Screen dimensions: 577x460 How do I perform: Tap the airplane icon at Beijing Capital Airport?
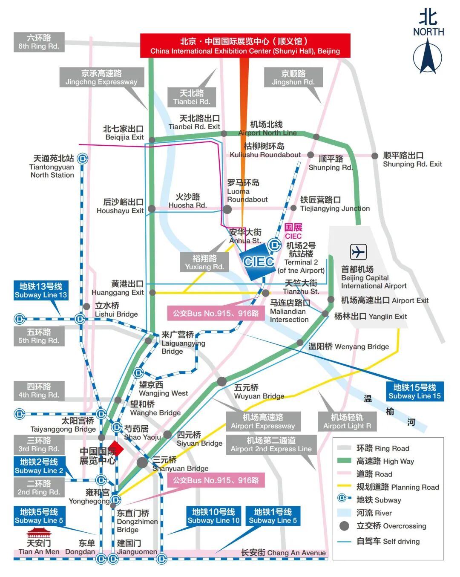(x=358, y=252)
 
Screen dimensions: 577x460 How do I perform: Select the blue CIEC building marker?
(x=258, y=262)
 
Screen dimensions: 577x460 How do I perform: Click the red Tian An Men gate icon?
(x=38, y=533)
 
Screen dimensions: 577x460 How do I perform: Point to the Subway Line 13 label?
(x=40, y=291)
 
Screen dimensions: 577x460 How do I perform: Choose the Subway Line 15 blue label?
(x=414, y=391)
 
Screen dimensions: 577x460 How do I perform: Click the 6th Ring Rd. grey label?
(x=39, y=42)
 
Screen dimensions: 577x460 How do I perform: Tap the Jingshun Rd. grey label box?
(x=293, y=78)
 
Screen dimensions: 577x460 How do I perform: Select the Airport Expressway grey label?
(x=263, y=421)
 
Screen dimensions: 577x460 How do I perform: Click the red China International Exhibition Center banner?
(x=245, y=46)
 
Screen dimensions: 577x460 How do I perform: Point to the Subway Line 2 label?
(x=39, y=466)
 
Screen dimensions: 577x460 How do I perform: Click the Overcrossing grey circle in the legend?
(x=344, y=526)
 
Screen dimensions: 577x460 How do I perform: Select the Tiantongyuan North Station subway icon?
(x=83, y=159)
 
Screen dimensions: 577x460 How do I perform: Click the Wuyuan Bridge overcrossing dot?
(x=222, y=381)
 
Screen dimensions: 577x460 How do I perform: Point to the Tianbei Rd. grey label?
(x=192, y=97)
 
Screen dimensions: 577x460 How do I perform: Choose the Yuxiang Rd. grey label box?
(x=204, y=263)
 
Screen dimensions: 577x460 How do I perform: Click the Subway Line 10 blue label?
(x=213, y=516)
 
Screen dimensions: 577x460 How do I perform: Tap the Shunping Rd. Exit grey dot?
(x=375, y=156)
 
